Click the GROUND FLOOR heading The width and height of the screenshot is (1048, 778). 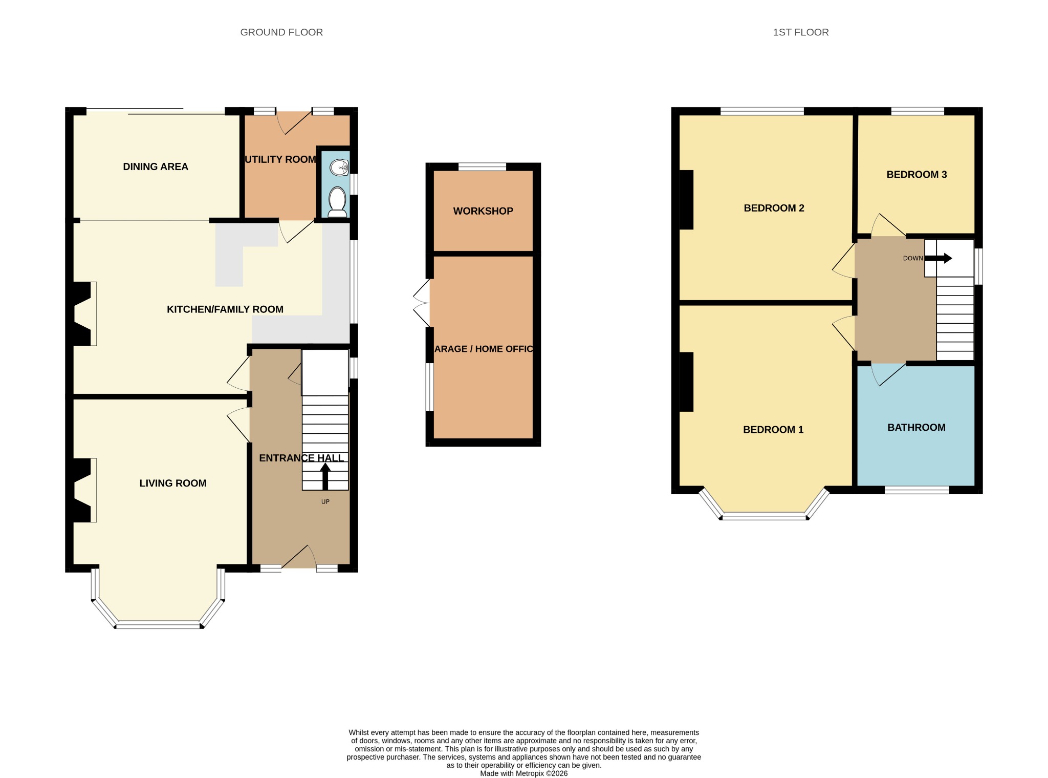click(x=281, y=32)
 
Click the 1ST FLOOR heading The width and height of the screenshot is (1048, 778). click(x=801, y=32)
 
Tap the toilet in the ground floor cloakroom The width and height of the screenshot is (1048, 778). click(x=338, y=202)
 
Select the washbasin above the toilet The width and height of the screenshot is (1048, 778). click(x=339, y=167)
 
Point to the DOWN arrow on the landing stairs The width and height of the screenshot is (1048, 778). click(x=938, y=259)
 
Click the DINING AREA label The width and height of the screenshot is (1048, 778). click(x=156, y=166)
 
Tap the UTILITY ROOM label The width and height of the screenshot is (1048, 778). click(x=280, y=159)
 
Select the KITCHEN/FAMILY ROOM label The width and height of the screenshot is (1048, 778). click(x=225, y=309)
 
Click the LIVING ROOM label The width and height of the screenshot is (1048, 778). click(x=173, y=483)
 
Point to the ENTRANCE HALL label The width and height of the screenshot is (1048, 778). click(x=301, y=458)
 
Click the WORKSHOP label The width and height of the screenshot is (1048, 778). click(x=483, y=211)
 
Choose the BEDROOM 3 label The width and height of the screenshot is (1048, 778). click(x=916, y=175)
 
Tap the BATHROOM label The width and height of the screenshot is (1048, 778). click(x=916, y=428)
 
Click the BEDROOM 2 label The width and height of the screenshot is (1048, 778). click(x=774, y=208)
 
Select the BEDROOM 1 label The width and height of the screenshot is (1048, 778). click(x=773, y=430)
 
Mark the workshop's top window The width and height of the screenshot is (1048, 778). click(x=482, y=166)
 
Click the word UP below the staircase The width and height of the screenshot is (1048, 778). click(x=325, y=502)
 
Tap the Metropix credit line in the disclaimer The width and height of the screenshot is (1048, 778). click(x=523, y=773)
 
